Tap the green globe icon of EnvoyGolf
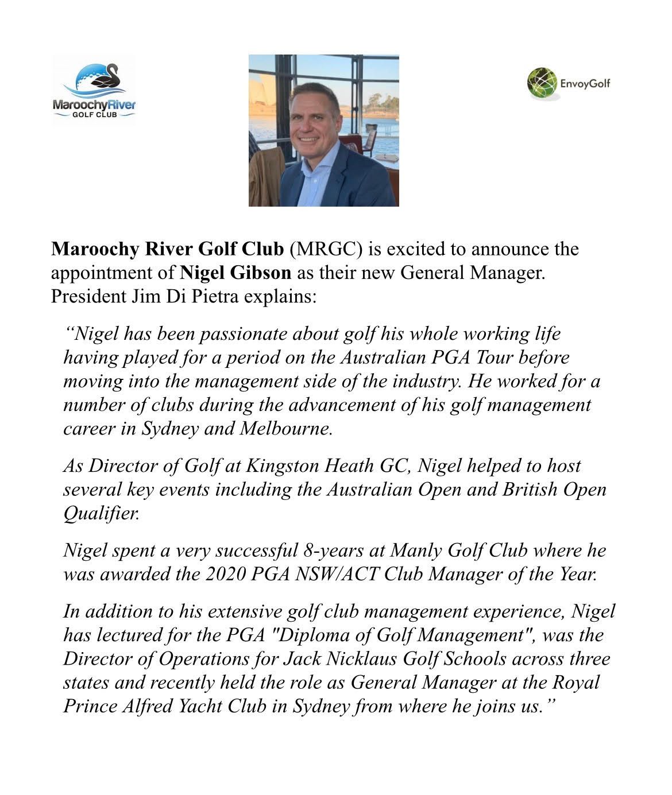(542, 83)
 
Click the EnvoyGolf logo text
(585, 84)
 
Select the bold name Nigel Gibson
(235, 273)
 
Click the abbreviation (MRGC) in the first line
(326, 249)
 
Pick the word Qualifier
(101, 513)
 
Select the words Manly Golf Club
(458, 550)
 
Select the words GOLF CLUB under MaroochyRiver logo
(94, 115)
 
